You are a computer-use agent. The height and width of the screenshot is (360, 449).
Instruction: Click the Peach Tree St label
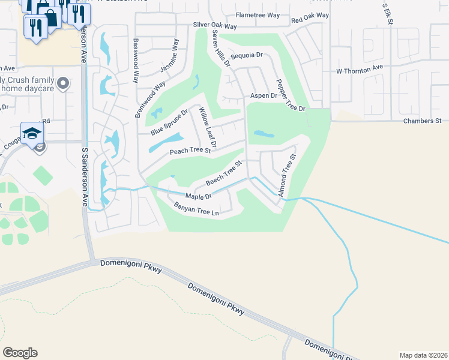(190, 151)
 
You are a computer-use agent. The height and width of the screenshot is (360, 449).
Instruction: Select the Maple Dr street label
(199, 196)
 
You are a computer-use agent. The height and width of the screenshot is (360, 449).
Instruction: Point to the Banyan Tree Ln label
(195, 210)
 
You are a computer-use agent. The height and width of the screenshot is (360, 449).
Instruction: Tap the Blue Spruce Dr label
(170, 122)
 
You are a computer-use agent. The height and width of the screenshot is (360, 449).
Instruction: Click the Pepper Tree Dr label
(291, 95)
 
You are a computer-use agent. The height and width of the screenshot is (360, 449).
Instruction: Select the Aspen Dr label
(264, 95)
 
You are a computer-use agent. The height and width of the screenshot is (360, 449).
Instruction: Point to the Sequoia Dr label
(251, 55)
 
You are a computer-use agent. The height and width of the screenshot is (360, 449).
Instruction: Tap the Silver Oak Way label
(215, 26)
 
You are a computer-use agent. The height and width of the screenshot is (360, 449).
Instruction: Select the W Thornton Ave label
(359, 70)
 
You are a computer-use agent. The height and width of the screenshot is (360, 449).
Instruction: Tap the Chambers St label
(422, 121)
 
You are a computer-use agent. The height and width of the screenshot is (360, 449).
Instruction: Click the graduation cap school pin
(32, 134)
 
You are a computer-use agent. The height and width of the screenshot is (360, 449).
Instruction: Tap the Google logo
(20, 353)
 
